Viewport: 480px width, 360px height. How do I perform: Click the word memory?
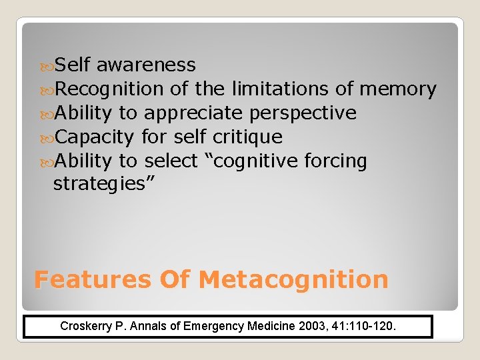click(397, 89)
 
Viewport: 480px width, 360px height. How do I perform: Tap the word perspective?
click(303, 113)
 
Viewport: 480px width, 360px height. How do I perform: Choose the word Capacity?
click(94, 137)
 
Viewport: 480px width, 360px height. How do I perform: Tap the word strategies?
click(104, 183)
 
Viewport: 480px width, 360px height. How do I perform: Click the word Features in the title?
click(93, 280)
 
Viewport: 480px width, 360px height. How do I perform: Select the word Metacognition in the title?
click(293, 280)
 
